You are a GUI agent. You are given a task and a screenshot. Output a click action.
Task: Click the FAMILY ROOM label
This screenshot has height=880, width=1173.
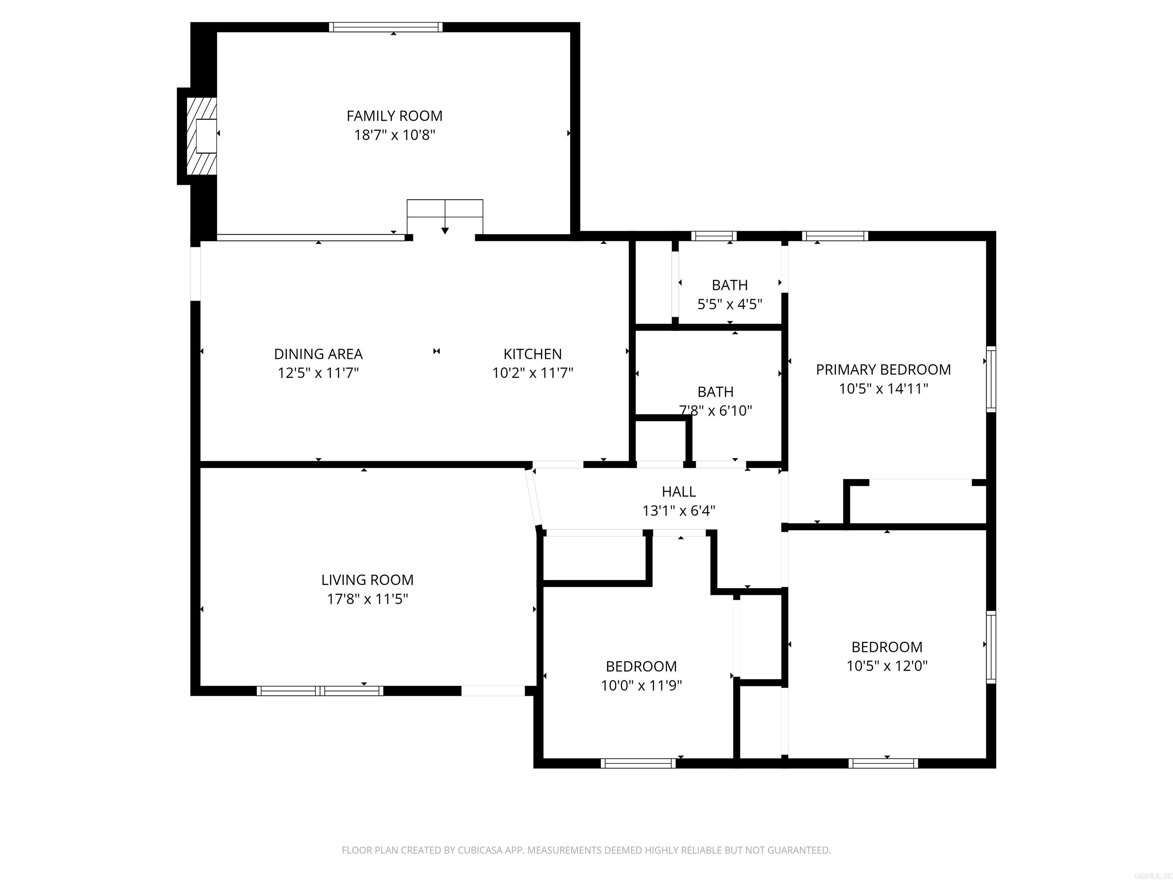pyautogui.click(x=394, y=116)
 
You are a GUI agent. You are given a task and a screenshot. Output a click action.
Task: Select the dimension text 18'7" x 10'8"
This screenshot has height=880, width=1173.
pyautogui.click(x=394, y=135)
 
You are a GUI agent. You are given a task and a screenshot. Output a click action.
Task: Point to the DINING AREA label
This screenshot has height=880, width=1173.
pyautogui.click(x=318, y=354)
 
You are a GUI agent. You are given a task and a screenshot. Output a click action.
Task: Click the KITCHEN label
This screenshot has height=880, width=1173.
pyautogui.click(x=532, y=354)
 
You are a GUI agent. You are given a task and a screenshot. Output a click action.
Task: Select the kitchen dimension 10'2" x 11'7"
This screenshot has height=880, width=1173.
pyautogui.click(x=532, y=373)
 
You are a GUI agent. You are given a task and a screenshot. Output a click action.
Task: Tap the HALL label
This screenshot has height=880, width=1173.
pyautogui.click(x=679, y=492)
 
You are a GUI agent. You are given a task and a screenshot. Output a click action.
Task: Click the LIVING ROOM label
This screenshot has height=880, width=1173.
pyautogui.click(x=367, y=580)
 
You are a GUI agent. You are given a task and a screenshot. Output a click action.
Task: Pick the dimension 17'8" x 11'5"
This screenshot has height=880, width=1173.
pyautogui.click(x=367, y=599)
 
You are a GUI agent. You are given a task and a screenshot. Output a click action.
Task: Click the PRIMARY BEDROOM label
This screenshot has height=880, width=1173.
pyautogui.click(x=883, y=370)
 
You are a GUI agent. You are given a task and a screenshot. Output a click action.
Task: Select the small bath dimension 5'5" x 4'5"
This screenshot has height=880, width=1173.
pyautogui.click(x=730, y=304)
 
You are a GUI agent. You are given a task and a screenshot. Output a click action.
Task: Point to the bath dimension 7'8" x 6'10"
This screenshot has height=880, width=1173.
pyautogui.click(x=715, y=411)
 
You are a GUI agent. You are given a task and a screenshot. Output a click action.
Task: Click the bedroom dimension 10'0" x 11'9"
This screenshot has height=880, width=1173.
pyautogui.click(x=641, y=685)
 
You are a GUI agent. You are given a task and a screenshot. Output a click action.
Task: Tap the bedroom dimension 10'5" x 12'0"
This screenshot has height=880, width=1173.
pyautogui.click(x=887, y=666)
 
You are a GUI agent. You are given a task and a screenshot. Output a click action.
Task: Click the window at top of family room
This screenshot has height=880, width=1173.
pyautogui.click(x=386, y=27)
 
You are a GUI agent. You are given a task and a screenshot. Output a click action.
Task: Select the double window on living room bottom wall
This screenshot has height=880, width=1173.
pyautogui.click(x=320, y=691)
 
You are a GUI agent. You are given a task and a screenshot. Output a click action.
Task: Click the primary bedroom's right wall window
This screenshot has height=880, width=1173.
pyautogui.click(x=990, y=379)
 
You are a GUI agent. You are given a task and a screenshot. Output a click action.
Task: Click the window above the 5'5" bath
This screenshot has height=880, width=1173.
pyautogui.click(x=714, y=236)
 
